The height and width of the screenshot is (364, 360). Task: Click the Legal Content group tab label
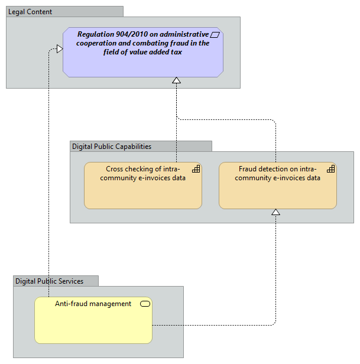(x=31, y=12)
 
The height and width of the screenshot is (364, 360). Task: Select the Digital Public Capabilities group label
(x=112, y=146)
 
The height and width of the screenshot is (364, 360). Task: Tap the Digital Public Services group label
(x=49, y=281)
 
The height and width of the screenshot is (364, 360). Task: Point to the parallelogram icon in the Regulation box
(x=215, y=35)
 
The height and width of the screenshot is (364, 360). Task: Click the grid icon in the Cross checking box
(x=196, y=169)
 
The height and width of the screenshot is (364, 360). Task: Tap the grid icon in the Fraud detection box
(x=330, y=169)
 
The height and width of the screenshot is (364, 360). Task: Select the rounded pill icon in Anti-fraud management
(x=145, y=304)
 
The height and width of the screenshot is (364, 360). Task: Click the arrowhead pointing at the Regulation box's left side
(x=59, y=49)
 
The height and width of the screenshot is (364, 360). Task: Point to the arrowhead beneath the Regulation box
(x=176, y=80)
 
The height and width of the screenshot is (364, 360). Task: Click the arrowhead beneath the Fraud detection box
(x=275, y=212)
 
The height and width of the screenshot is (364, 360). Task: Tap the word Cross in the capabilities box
(x=116, y=169)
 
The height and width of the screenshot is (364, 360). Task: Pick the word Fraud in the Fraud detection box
(x=248, y=169)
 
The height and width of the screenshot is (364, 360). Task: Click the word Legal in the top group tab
(x=17, y=12)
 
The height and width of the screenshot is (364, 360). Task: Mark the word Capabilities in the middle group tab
(x=131, y=146)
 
